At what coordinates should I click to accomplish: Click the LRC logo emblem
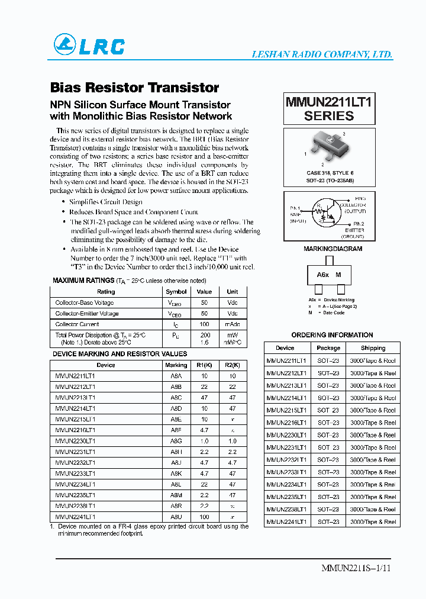pyautogui.click(x=64, y=44)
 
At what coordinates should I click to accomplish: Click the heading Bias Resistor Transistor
pyautogui.click(x=135, y=88)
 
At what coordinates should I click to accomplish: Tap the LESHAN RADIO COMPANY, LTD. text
pyautogui.click(x=322, y=54)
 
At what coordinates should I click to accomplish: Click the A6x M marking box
pyautogui.click(x=329, y=275)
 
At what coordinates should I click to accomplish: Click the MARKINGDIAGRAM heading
pyautogui.click(x=329, y=250)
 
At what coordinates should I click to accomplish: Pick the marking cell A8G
pyautogui.click(x=176, y=441)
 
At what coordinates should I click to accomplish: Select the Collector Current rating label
pyautogui.click(x=78, y=324)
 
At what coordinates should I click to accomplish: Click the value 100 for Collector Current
pyautogui.click(x=204, y=324)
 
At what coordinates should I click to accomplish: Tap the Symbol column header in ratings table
pyautogui.click(x=176, y=291)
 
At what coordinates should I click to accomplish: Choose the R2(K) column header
pyautogui.click(x=232, y=365)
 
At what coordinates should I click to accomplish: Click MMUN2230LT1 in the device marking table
pyautogui.click(x=75, y=441)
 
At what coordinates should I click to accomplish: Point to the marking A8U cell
pyautogui.click(x=176, y=517)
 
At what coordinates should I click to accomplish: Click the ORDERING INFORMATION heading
pyautogui.click(x=333, y=335)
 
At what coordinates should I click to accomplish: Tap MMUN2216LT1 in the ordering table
pyautogui.click(x=287, y=423)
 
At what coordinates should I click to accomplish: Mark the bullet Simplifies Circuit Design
pyautogui.click(x=105, y=202)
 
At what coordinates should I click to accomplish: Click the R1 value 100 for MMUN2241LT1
pyautogui.click(x=204, y=517)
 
